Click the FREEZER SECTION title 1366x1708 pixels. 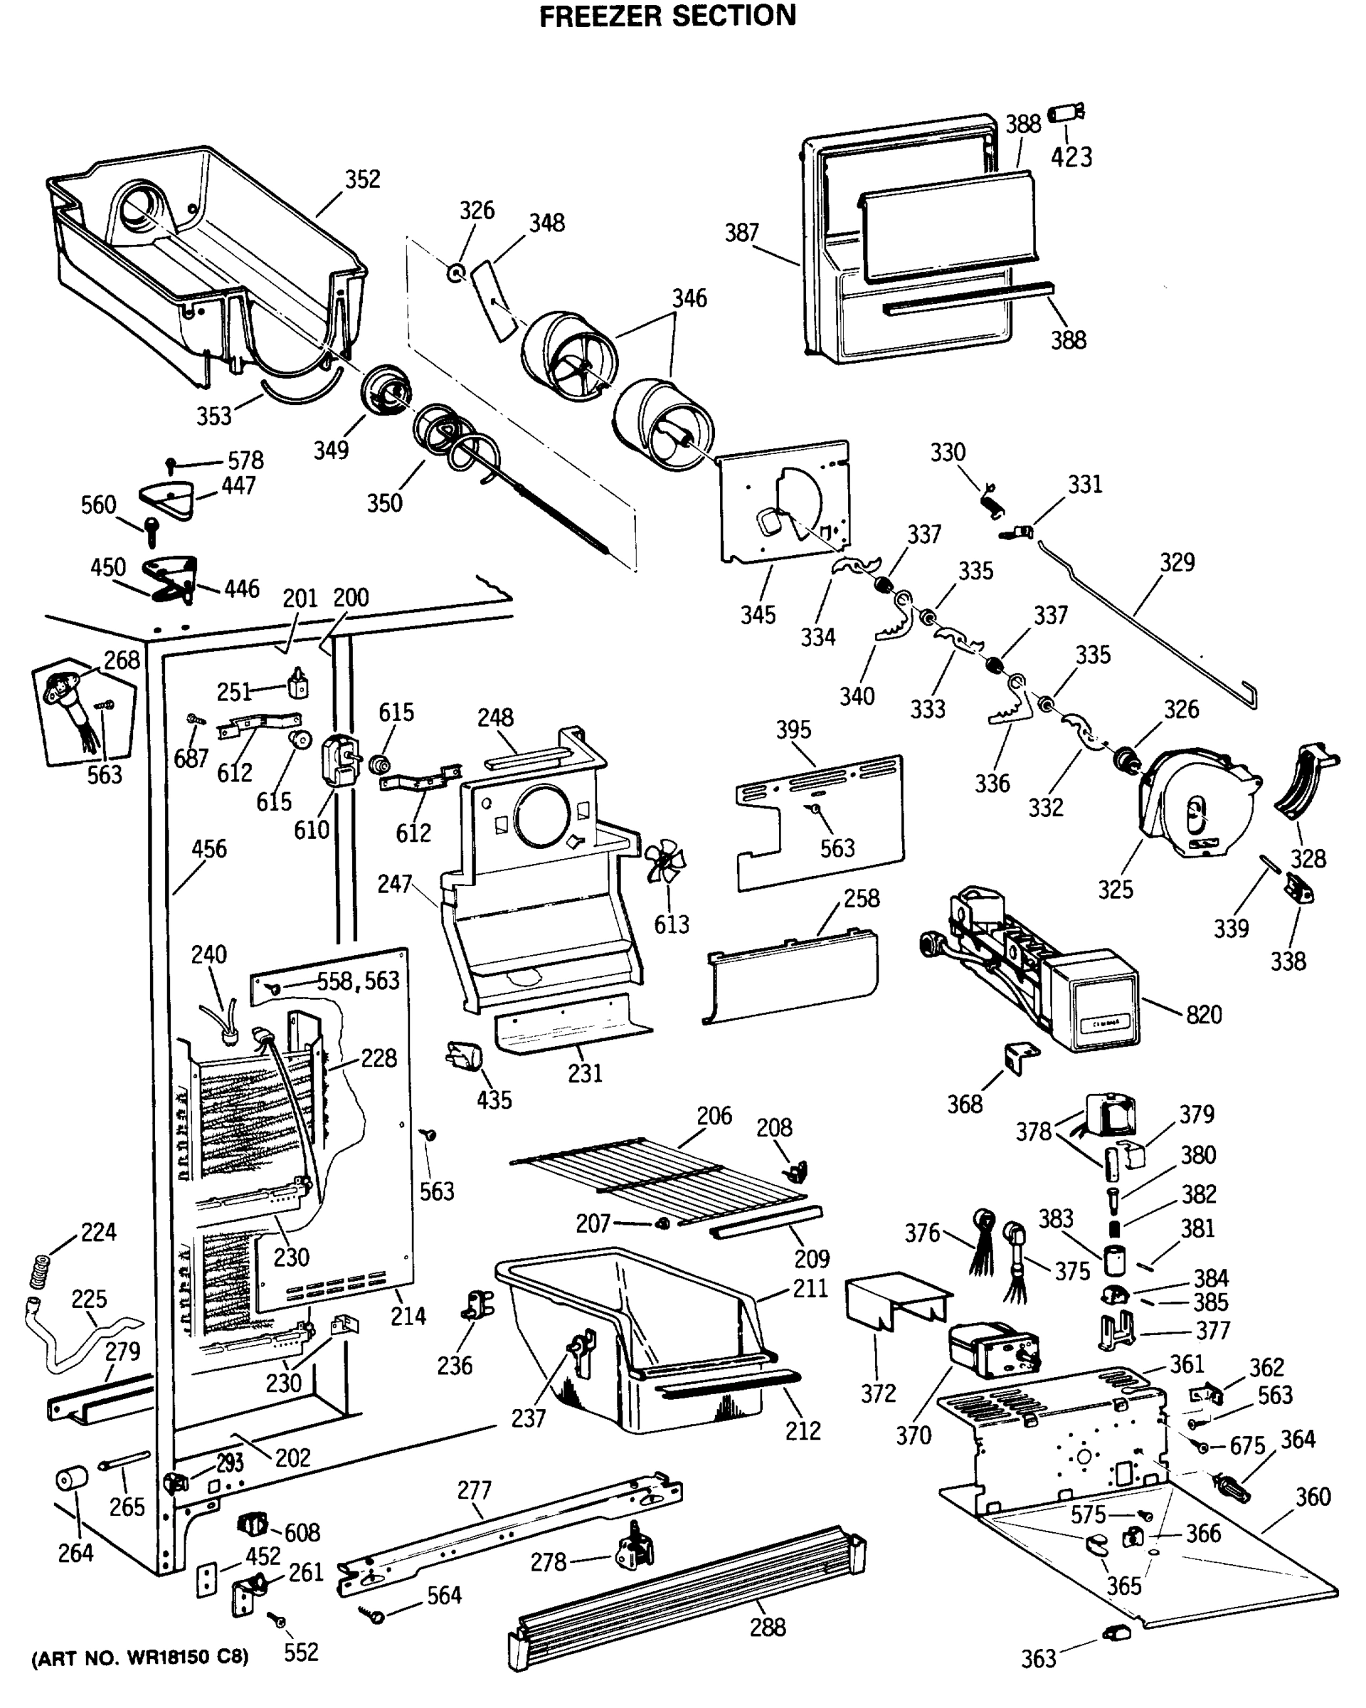[x=667, y=16]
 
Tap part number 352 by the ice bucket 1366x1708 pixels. [x=362, y=179]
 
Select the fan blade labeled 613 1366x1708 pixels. [x=663, y=863]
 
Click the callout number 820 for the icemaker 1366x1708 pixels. [x=1203, y=1014]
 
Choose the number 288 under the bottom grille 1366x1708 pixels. [x=768, y=1627]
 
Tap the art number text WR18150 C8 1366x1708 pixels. [x=139, y=1657]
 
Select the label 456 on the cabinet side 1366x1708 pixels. [x=208, y=848]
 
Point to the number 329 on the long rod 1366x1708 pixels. [x=1177, y=562]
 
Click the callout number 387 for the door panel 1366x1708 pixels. [x=741, y=233]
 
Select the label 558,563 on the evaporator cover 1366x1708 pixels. [x=358, y=981]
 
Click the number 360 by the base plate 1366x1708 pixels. [x=1312, y=1497]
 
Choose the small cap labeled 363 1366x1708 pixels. [x=1115, y=1631]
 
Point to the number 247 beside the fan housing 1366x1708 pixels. [x=393, y=883]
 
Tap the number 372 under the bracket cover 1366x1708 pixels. [x=877, y=1393]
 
